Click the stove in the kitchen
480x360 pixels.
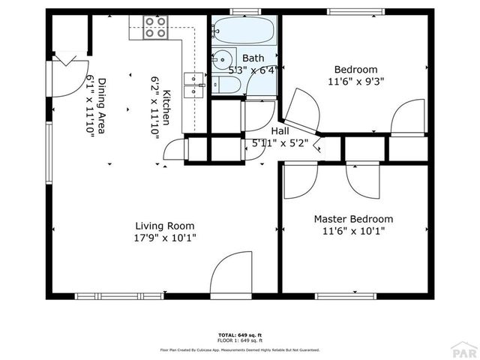click(156, 28)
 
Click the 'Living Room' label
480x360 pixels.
click(165, 226)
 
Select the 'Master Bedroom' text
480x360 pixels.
click(352, 219)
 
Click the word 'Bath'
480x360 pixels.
click(253, 58)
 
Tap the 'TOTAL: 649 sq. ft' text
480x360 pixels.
click(239, 334)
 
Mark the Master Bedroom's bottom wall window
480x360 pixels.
click(345, 295)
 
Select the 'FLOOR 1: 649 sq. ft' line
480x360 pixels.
click(239, 340)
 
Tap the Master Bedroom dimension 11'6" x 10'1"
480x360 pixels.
click(352, 231)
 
